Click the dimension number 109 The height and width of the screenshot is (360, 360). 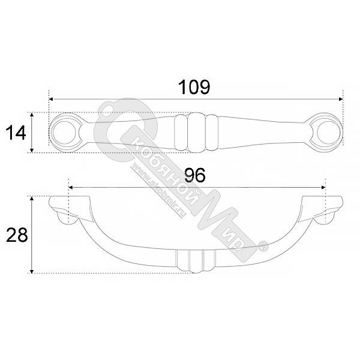click(194, 87)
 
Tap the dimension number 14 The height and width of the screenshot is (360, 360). click(16, 133)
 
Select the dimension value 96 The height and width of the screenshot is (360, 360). click(195, 175)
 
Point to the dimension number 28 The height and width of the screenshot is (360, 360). click(17, 235)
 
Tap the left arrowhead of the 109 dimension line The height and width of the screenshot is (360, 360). click(51, 99)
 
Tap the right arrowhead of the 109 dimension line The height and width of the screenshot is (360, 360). click(341, 99)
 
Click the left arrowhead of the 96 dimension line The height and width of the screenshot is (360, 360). click(71, 188)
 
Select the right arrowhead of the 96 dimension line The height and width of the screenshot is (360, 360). click(323, 188)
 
